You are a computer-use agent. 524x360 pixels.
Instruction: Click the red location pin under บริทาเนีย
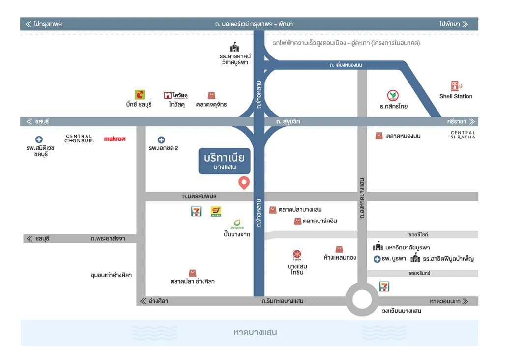[x=244, y=182]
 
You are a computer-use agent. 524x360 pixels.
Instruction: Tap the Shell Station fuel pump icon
[x=456, y=86]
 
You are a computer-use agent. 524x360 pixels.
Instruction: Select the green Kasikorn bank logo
[x=393, y=95]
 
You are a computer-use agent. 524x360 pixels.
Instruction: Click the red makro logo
[x=115, y=138]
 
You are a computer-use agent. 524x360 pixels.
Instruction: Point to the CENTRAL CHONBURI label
[x=79, y=138]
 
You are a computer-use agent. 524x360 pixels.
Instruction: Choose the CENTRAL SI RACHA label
[x=463, y=135]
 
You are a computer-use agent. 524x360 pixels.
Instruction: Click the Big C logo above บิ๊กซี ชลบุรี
[x=140, y=94]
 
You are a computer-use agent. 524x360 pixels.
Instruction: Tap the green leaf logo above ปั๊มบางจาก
[x=237, y=223]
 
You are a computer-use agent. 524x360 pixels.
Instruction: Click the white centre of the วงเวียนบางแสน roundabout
[x=362, y=299]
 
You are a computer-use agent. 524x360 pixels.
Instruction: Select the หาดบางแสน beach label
[x=255, y=332]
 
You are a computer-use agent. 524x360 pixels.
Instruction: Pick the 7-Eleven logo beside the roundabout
[x=384, y=286]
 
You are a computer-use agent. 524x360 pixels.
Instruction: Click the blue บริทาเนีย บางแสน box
[x=224, y=161]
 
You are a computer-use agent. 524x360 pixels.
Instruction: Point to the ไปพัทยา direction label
[x=454, y=24]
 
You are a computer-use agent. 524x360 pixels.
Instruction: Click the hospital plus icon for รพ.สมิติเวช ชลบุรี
[x=39, y=139]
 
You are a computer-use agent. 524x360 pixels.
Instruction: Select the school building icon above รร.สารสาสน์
[x=234, y=47]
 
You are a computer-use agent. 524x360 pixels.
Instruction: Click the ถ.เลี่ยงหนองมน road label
[x=346, y=65]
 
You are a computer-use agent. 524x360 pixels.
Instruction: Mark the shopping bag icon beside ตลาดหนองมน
[x=378, y=136]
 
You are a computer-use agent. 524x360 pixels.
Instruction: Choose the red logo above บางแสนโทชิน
[x=297, y=255]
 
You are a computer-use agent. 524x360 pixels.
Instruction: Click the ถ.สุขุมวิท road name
[x=288, y=121]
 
